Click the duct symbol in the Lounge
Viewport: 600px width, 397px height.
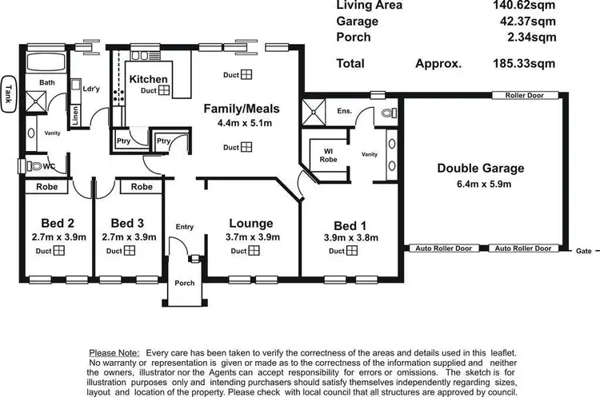click(254, 251)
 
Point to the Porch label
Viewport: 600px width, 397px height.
click(185, 283)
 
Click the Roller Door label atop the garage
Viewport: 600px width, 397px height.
click(524, 95)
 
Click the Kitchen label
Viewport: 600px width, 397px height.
click(148, 78)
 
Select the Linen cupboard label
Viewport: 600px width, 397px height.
click(75, 117)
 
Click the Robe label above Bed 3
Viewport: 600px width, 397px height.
click(142, 186)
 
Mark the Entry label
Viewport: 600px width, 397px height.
click(184, 227)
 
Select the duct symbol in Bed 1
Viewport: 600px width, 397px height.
click(353, 251)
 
